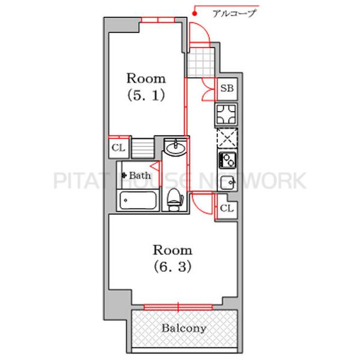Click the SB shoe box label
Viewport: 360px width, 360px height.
pyautogui.click(x=227, y=88)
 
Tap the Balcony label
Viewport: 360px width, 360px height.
pyautogui.click(x=184, y=328)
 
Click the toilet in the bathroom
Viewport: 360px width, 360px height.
pyautogui.click(x=175, y=199)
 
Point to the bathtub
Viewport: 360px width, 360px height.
pyautogui.click(x=137, y=200)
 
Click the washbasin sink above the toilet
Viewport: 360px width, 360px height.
pyautogui.click(x=176, y=148)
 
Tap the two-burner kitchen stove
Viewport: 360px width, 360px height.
pyautogui.click(x=227, y=160)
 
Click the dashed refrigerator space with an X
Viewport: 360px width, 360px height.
pyautogui.click(x=227, y=138)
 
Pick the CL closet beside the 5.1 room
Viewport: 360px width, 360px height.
pyautogui.click(x=119, y=148)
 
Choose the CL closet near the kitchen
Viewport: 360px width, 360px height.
pyautogui.click(x=227, y=208)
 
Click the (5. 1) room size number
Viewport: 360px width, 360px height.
pyautogui.click(x=146, y=95)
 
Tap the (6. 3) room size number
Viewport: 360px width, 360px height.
pyautogui.click(x=172, y=266)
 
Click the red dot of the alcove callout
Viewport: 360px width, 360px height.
pyautogui.click(x=194, y=14)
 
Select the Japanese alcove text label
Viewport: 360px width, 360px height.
pyautogui.click(x=234, y=13)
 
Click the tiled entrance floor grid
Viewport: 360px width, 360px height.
pyautogui.click(x=201, y=62)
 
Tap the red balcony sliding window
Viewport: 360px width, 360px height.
pyautogui.click(x=178, y=307)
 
